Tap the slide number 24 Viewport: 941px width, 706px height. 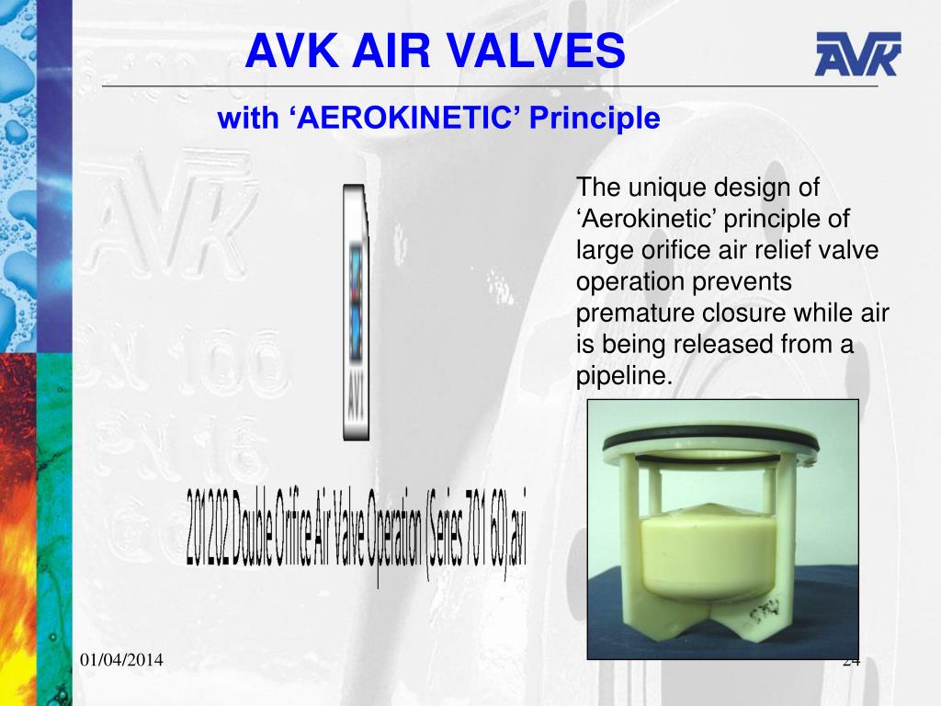(x=850, y=660)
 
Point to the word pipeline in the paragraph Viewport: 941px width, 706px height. (x=622, y=376)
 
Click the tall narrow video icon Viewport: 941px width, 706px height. (x=356, y=313)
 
